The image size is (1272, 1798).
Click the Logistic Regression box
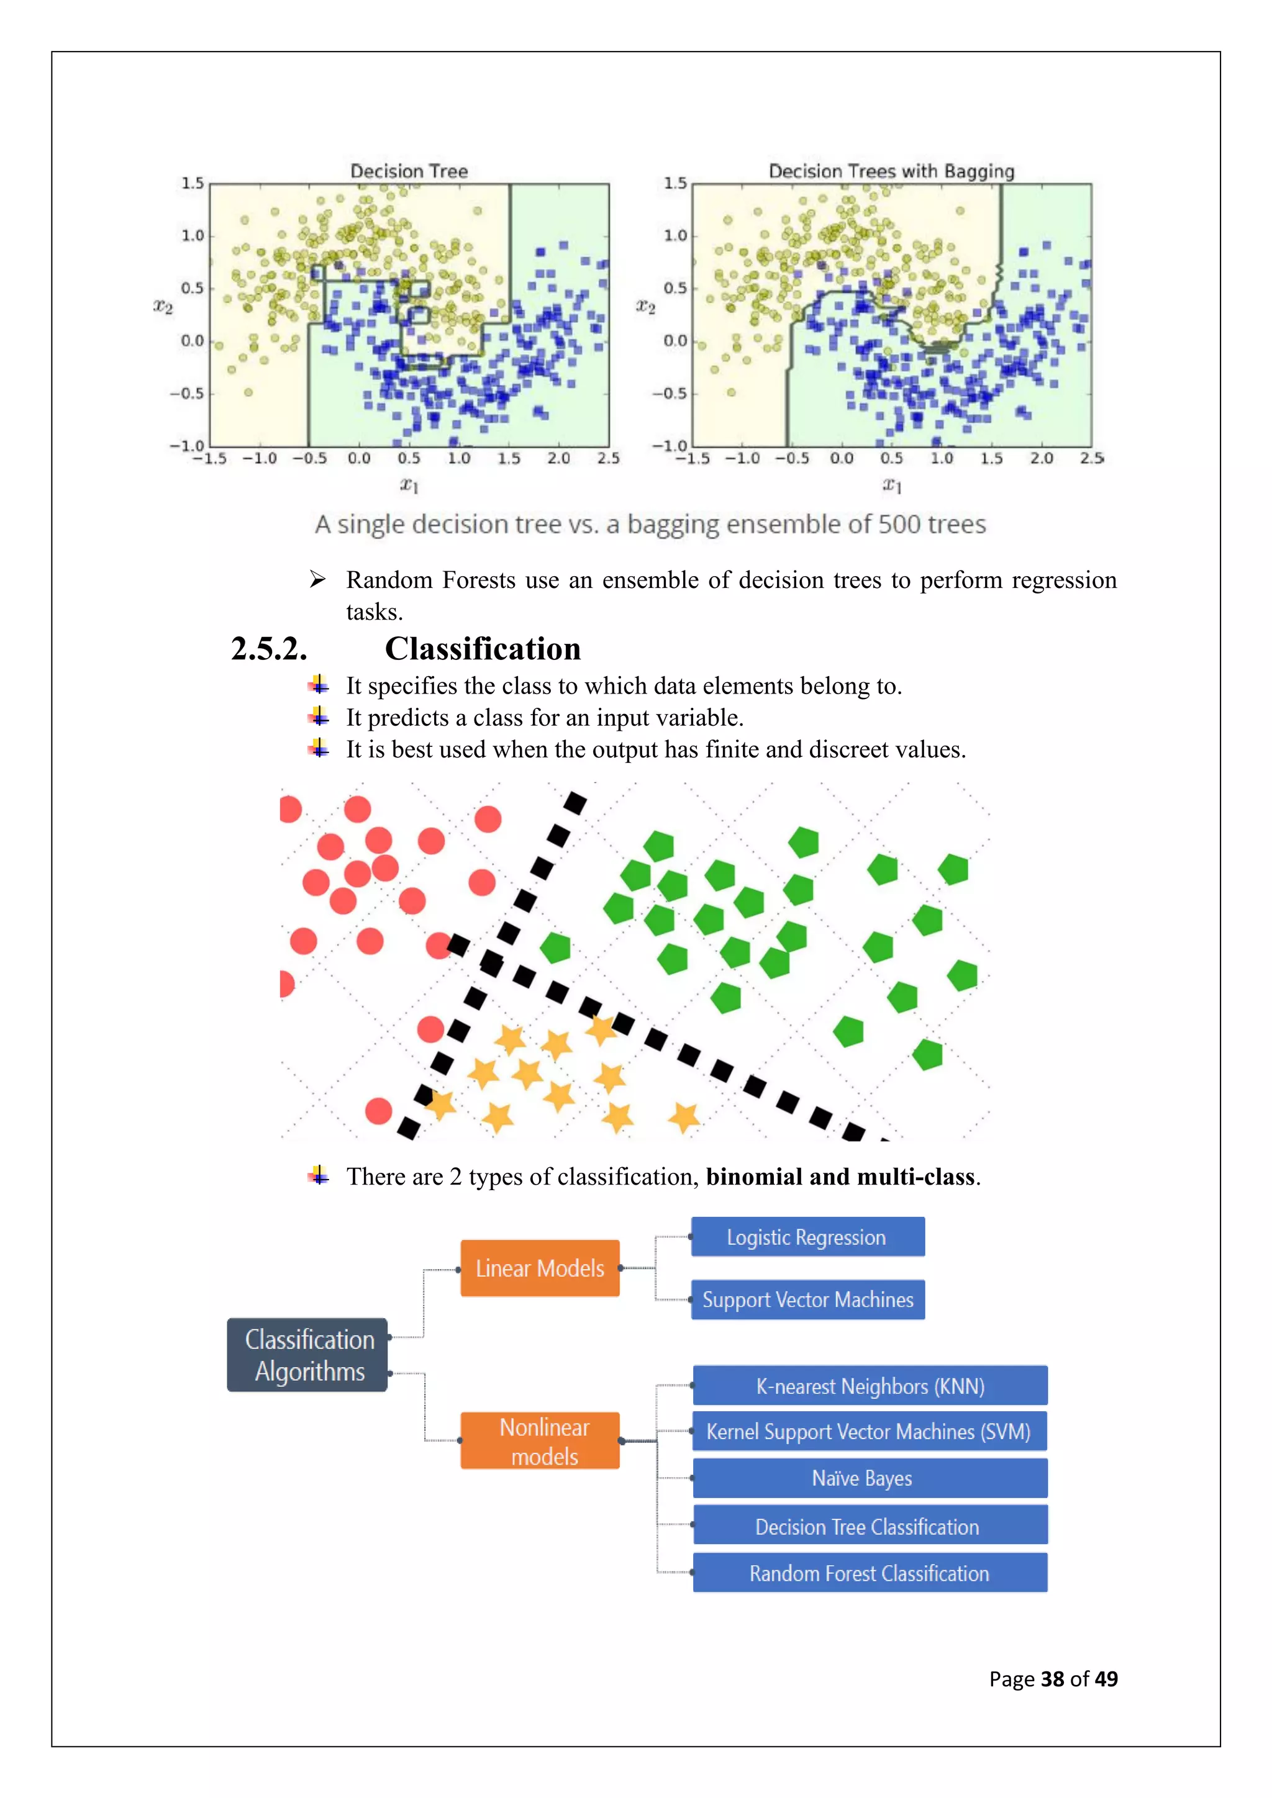coord(807,1237)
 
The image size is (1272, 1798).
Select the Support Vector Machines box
coord(807,1300)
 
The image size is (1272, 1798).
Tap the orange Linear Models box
coord(540,1268)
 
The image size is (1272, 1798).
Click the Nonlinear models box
coord(540,1441)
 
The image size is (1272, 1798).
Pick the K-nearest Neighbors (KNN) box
coord(870,1386)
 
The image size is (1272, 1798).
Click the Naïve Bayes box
coord(870,1478)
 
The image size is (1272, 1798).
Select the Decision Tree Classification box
coord(870,1527)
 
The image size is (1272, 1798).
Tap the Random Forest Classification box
coord(870,1573)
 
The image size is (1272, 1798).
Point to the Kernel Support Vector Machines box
coord(870,1432)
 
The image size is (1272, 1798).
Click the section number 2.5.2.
coord(269,649)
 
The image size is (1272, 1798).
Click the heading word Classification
coord(483,649)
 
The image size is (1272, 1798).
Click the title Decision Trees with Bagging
coord(891,171)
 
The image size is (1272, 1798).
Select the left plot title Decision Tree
coord(409,171)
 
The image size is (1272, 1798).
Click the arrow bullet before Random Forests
coord(317,579)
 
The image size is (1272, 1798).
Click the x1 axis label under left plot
coord(409,486)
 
